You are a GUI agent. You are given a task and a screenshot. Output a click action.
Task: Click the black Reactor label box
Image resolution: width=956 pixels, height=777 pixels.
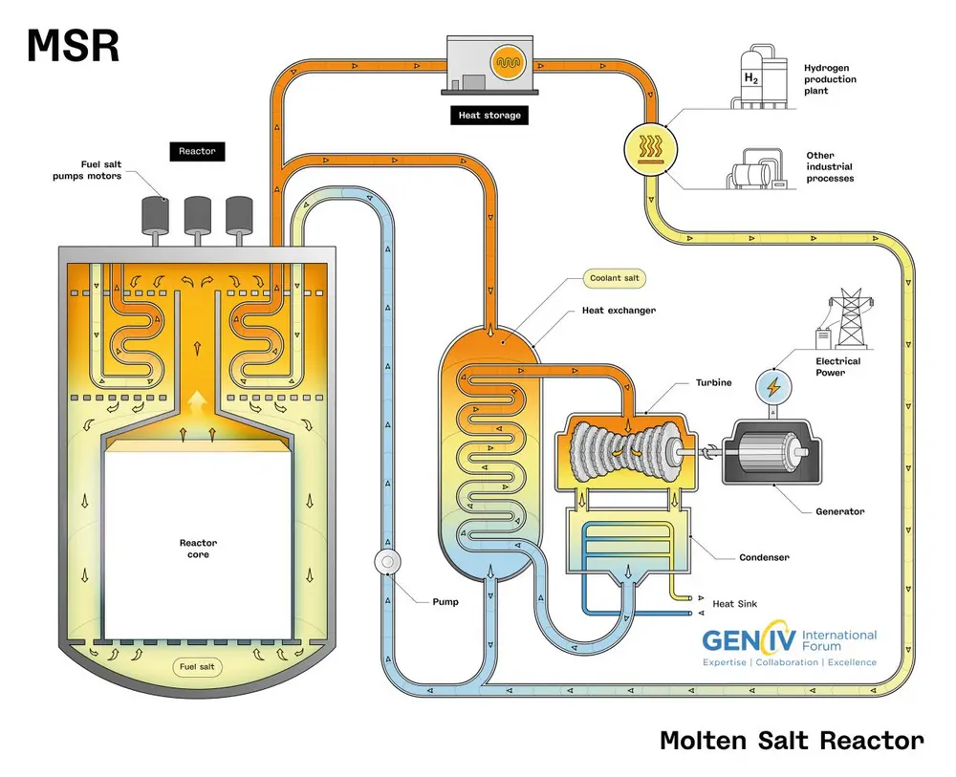pyautogui.click(x=197, y=151)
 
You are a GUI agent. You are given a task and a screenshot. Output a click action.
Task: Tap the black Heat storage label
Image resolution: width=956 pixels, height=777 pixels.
pyautogui.click(x=489, y=115)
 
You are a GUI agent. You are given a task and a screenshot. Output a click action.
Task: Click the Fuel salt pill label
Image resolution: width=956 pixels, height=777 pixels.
pyautogui.click(x=197, y=666)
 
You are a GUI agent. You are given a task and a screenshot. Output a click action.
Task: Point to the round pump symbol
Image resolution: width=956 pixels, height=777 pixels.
pyautogui.click(x=388, y=562)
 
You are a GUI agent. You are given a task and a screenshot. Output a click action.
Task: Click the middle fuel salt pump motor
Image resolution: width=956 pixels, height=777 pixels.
pyautogui.click(x=197, y=214)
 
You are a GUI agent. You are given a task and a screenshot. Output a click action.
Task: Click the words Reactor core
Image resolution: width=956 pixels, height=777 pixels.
pyautogui.click(x=197, y=548)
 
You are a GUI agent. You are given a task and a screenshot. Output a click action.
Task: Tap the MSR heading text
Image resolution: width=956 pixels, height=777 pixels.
pyautogui.click(x=73, y=46)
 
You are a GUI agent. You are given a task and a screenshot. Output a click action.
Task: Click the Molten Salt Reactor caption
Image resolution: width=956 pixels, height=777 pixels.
pyautogui.click(x=792, y=740)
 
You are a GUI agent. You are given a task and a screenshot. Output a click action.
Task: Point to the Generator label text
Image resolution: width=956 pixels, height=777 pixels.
pyautogui.click(x=839, y=511)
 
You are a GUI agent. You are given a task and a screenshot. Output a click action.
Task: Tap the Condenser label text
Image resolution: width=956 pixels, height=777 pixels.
pyautogui.click(x=764, y=557)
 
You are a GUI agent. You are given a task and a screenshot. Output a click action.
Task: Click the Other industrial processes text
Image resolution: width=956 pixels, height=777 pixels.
pyautogui.click(x=829, y=166)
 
